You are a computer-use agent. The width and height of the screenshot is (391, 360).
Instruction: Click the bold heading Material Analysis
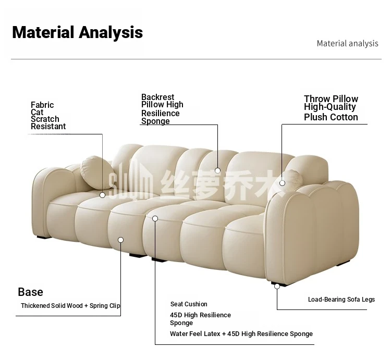point(77,33)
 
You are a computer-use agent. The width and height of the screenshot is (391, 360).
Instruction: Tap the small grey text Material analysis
point(347,44)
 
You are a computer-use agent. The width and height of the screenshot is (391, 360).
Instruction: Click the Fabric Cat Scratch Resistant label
point(48,116)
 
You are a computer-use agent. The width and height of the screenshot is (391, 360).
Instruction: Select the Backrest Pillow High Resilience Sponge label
point(162,109)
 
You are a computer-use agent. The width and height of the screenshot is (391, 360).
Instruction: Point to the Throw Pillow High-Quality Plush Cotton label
point(331,108)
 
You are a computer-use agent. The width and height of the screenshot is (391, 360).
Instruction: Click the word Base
point(30,292)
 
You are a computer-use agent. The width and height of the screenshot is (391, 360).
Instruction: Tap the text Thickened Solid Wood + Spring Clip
point(70,306)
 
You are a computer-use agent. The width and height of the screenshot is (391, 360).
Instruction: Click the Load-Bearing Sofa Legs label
point(341,300)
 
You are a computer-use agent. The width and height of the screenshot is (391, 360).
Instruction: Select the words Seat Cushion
point(189,304)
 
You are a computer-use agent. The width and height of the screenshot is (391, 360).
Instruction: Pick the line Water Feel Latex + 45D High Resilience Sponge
point(241,334)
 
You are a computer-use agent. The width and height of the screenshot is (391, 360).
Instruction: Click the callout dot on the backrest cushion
point(218,171)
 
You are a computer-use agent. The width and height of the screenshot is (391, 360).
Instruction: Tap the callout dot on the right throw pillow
point(282,183)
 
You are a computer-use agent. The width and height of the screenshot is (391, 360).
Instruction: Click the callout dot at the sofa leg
point(277,287)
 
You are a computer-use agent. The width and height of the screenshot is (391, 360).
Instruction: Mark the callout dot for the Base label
point(121,240)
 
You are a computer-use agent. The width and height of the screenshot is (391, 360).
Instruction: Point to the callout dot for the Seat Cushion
point(155,218)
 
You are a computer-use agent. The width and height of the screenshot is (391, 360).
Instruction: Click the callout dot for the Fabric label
point(102,195)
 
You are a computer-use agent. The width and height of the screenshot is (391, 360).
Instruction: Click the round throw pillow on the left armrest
point(96,172)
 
